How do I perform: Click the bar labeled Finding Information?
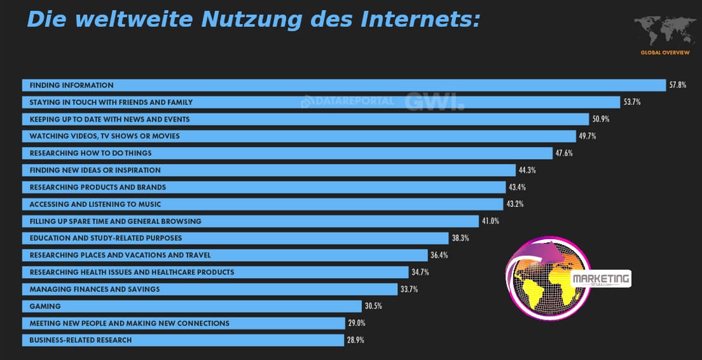pyautogui.click(x=343, y=85)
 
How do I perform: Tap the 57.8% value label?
pyautogui.click(x=677, y=85)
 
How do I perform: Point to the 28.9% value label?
pyautogui.click(x=355, y=340)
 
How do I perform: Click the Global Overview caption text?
pyautogui.click(x=664, y=52)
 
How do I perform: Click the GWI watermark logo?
pyautogui.click(x=434, y=102)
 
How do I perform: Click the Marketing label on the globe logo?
pyautogui.click(x=600, y=278)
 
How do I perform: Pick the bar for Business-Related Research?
pyautogui.click(x=183, y=340)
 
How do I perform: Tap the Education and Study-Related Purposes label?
pyautogui.click(x=106, y=238)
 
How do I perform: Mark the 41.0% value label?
pyautogui.click(x=490, y=221)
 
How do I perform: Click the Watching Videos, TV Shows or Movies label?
pyautogui.click(x=104, y=136)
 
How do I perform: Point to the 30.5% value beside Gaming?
pyautogui.click(x=373, y=306)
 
